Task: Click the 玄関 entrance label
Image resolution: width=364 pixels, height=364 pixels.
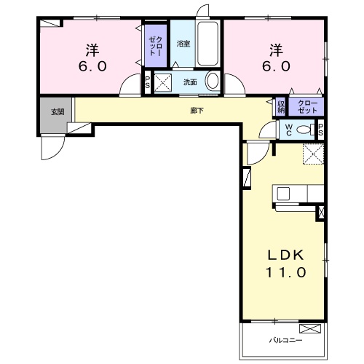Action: point(58,112)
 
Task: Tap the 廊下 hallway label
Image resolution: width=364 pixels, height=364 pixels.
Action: point(197,111)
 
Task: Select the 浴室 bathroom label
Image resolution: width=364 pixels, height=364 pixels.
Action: point(183,44)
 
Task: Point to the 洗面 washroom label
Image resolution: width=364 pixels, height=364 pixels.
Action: point(190,82)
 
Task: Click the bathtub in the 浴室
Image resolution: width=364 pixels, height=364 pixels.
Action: point(207,44)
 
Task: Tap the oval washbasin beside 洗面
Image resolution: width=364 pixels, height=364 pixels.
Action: point(212,81)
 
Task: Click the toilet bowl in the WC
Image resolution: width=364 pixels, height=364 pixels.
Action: point(304,130)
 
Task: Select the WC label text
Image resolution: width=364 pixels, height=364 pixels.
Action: point(289,130)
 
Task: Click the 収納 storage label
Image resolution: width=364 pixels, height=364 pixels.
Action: point(282,106)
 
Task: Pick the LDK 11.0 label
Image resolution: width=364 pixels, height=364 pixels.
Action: point(286,264)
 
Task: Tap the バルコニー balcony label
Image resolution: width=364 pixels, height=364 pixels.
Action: point(285,340)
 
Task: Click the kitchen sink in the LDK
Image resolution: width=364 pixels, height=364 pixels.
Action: point(283,194)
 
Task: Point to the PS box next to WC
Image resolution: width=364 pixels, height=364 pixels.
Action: point(321,130)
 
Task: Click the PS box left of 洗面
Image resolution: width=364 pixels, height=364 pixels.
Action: point(148,82)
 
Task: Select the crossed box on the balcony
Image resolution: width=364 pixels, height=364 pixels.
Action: point(310,328)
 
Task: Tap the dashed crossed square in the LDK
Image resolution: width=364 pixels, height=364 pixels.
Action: point(313,154)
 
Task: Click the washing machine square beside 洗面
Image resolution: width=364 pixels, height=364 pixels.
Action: point(163,82)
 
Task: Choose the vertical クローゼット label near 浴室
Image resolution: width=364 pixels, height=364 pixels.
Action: point(155,46)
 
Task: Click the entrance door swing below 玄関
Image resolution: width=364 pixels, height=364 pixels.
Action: point(52,147)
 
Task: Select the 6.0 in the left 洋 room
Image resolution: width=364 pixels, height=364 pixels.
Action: point(92,66)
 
